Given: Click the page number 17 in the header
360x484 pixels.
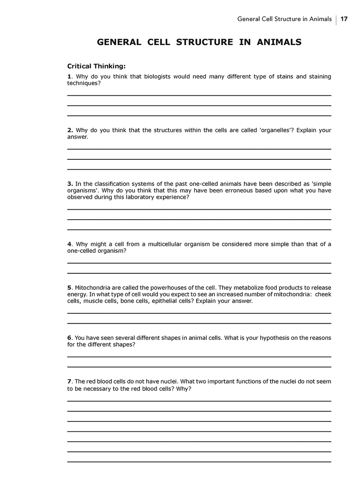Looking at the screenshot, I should [x=344, y=19].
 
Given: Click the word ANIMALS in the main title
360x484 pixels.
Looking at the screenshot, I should [x=279, y=42].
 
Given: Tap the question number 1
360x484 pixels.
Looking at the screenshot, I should [x=69, y=77].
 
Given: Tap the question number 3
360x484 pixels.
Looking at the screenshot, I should [x=70, y=183].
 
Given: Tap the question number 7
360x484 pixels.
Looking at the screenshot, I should [x=69, y=381].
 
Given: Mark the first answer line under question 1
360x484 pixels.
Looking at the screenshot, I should [x=199, y=95].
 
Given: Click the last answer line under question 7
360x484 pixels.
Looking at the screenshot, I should [x=199, y=462].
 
